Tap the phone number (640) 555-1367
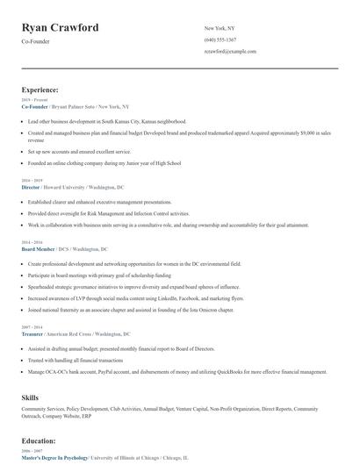coord(220,40)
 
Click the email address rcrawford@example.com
coord(230,52)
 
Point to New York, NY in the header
coord(220,29)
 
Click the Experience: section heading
coord(40,89)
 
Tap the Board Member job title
coord(37,249)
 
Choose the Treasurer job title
coord(32,334)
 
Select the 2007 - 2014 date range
coord(31,326)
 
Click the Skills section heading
coord(30,397)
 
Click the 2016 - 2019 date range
coord(31,180)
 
